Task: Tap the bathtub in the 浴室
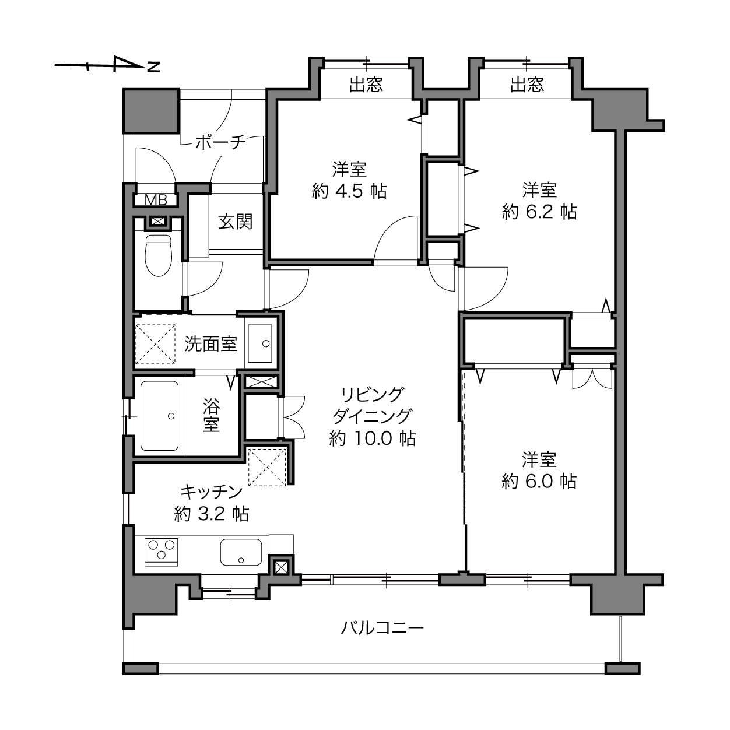click(x=159, y=416)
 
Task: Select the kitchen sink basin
click(x=241, y=552)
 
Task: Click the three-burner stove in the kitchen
click(x=162, y=552)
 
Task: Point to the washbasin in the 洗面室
click(x=260, y=343)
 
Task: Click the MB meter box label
click(x=156, y=199)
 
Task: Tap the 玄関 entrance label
click(x=235, y=222)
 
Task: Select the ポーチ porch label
click(x=220, y=142)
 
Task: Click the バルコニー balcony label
click(x=382, y=628)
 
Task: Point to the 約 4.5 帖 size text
click(x=349, y=191)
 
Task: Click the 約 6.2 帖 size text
click(x=539, y=212)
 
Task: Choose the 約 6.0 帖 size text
click(x=539, y=481)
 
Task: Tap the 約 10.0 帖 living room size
click(x=373, y=438)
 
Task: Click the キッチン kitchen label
click(x=212, y=492)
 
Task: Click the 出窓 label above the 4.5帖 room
click(x=366, y=85)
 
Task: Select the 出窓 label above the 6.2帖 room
click(x=527, y=85)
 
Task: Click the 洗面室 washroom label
click(x=210, y=343)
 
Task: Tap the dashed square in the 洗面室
click(x=155, y=344)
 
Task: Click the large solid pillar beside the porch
click(x=151, y=111)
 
